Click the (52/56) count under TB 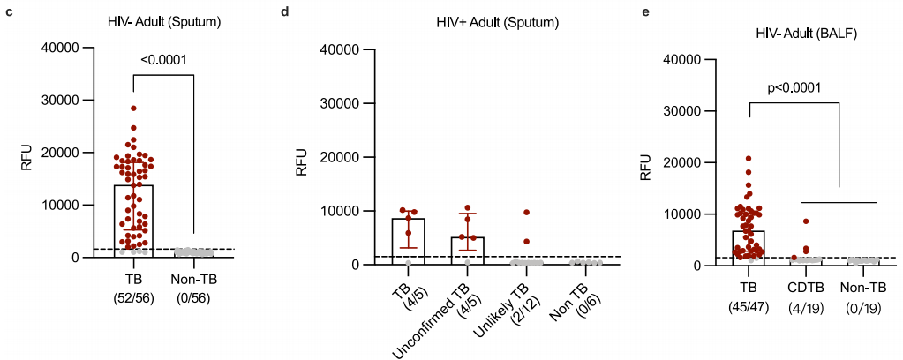[133, 299]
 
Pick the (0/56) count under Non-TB [193, 299]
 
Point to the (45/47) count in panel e [749, 306]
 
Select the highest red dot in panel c [133, 109]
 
